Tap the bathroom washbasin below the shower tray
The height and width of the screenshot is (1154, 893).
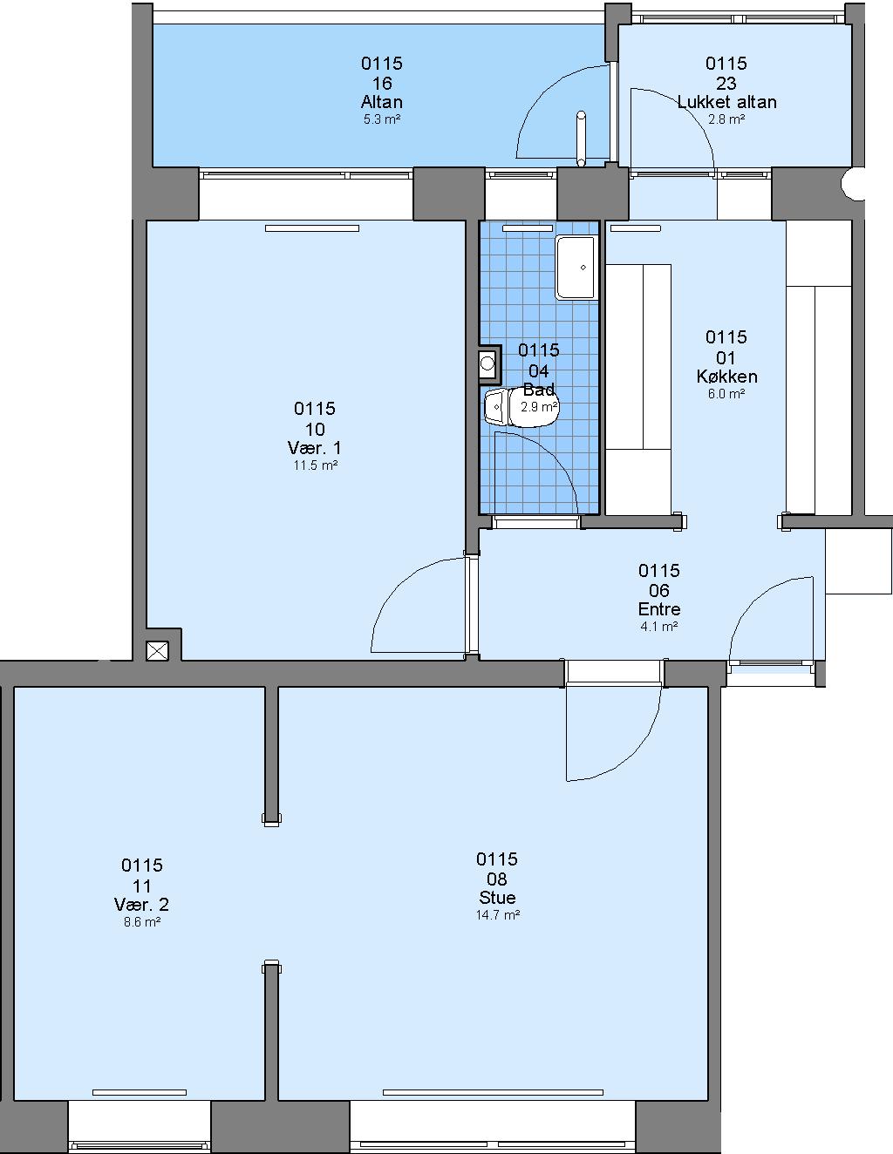click(x=488, y=363)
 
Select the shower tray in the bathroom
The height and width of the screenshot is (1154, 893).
click(x=576, y=268)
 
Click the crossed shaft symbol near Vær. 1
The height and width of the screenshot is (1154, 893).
click(x=157, y=650)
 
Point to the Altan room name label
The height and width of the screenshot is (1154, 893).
click(x=381, y=101)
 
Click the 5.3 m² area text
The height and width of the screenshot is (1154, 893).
click(x=381, y=119)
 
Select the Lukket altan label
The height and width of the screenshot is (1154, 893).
click(x=726, y=101)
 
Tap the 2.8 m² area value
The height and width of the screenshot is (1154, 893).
click(x=726, y=119)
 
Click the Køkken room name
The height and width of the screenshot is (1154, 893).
click(x=726, y=377)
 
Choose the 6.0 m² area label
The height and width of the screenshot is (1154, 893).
click(x=726, y=393)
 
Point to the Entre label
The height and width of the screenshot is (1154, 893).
click(x=659, y=608)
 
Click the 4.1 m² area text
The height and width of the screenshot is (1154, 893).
click(x=658, y=626)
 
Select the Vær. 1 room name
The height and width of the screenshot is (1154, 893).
click(x=315, y=448)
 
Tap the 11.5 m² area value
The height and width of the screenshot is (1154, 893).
click(x=316, y=465)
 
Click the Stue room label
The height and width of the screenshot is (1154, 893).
click(x=497, y=897)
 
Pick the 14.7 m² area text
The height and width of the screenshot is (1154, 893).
click(x=498, y=914)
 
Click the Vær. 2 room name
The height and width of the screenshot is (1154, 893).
click(x=141, y=904)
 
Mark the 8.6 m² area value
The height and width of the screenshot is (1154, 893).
click(x=142, y=921)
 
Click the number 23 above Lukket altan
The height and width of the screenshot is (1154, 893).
click(x=726, y=83)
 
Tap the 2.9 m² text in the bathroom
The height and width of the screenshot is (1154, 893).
click(x=539, y=407)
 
